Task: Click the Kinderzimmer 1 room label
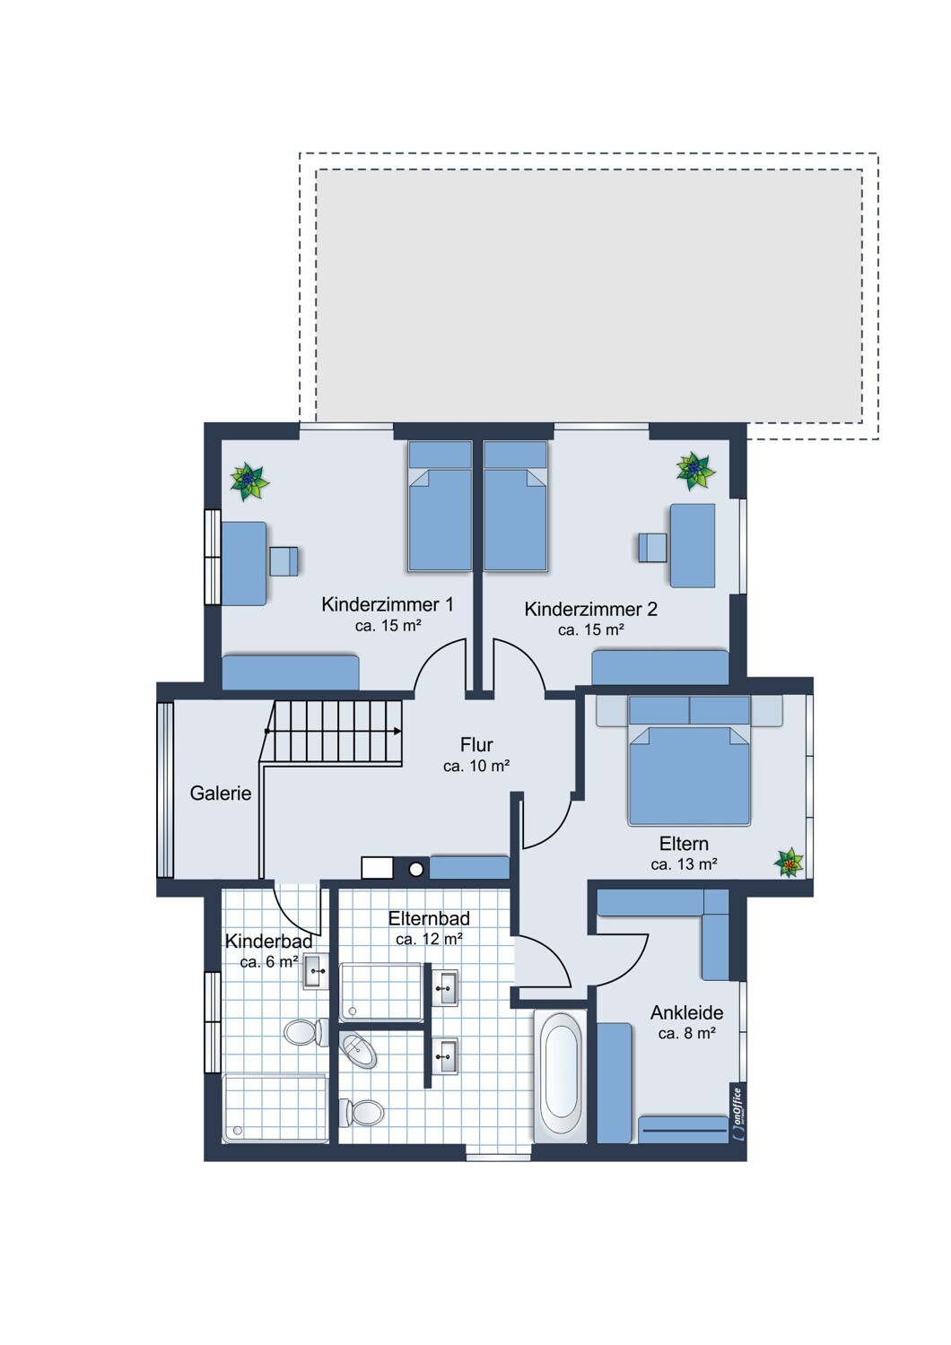pyautogui.click(x=388, y=604)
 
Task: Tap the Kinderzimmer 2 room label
pyautogui.click(x=590, y=609)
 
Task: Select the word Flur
pyautogui.click(x=476, y=744)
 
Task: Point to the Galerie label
pyautogui.click(x=221, y=794)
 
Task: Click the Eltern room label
pyautogui.click(x=684, y=844)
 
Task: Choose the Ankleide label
pyautogui.click(x=686, y=1013)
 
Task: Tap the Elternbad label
pyautogui.click(x=429, y=919)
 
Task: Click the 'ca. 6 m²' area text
pyautogui.click(x=269, y=962)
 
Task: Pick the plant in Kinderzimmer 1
pyautogui.click(x=249, y=481)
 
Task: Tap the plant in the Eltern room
pyautogui.click(x=789, y=863)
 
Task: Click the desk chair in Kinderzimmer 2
pyautogui.click(x=652, y=547)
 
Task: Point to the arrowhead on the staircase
pyautogui.click(x=397, y=731)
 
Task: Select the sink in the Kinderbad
pyautogui.click(x=316, y=971)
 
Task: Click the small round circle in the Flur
pyautogui.click(x=416, y=869)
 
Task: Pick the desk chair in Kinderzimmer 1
pyautogui.click(x=284, y=561)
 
